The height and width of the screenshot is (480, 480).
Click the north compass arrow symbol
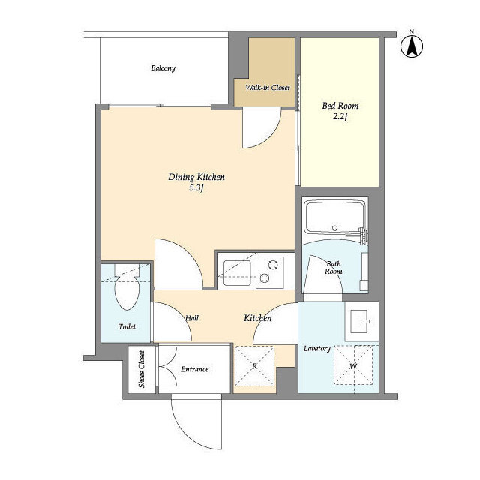pyautogui.click(x=412, y=46)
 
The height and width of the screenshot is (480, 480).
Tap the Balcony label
pyautogui.click(x=163, y=68)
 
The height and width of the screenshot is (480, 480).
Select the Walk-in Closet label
pyautogui.click(x=268, y=88)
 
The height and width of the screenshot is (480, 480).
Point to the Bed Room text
pyautogui.click(x=340, y=106)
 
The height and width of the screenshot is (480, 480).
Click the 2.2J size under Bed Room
pyautogui.click(x=340, y=117)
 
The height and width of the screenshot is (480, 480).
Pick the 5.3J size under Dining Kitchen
pyautogui.click(x=196, y=187)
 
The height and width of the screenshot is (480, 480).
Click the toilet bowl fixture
pyautogui.click(x=127, y=292)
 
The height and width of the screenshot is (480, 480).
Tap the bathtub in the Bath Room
pyautogui.click(x=335, y=218)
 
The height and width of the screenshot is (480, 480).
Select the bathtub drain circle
pyautogui.click(x=335, y=228)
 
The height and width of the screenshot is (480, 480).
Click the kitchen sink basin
pyautogui.click(x=237, y=272)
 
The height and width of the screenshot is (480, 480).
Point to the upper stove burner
pyautogui.click(x=273, y=265)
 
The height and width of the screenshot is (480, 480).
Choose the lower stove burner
pyautogui.click(x=265, y=278)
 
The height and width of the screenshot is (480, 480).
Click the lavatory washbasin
pyautogui.click(x=358, y=321)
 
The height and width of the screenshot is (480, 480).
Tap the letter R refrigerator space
pyautogui.click(x=254, y=366)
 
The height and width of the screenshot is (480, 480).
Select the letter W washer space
pyautogui.click(x=353, y=365)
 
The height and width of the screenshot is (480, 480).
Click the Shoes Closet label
pyautogui.click(x=142, y=369)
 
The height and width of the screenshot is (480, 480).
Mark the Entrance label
pyautogui.click(x=195, y=369)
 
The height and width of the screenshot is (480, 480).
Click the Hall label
pyautogui.click(x=192, y=318)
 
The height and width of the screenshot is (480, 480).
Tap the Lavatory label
pyautogui.click(x=317, y=349)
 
